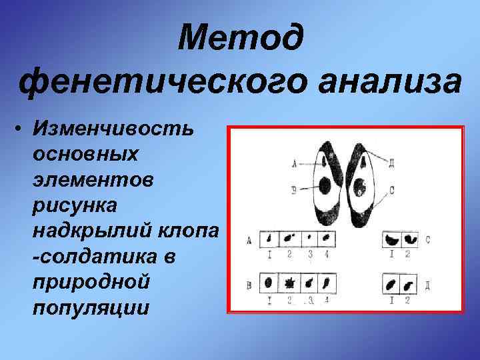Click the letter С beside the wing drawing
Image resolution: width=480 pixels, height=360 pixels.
pos(391,190)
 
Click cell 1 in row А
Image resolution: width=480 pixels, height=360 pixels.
pos(268,237)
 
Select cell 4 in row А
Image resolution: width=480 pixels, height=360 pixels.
pos(327,237)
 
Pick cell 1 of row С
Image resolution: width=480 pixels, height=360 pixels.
pos(390,239)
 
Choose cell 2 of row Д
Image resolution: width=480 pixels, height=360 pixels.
pos(407,283)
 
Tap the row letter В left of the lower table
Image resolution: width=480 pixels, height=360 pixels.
pos(249,285)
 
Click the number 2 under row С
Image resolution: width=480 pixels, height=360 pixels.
pos(407,254)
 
